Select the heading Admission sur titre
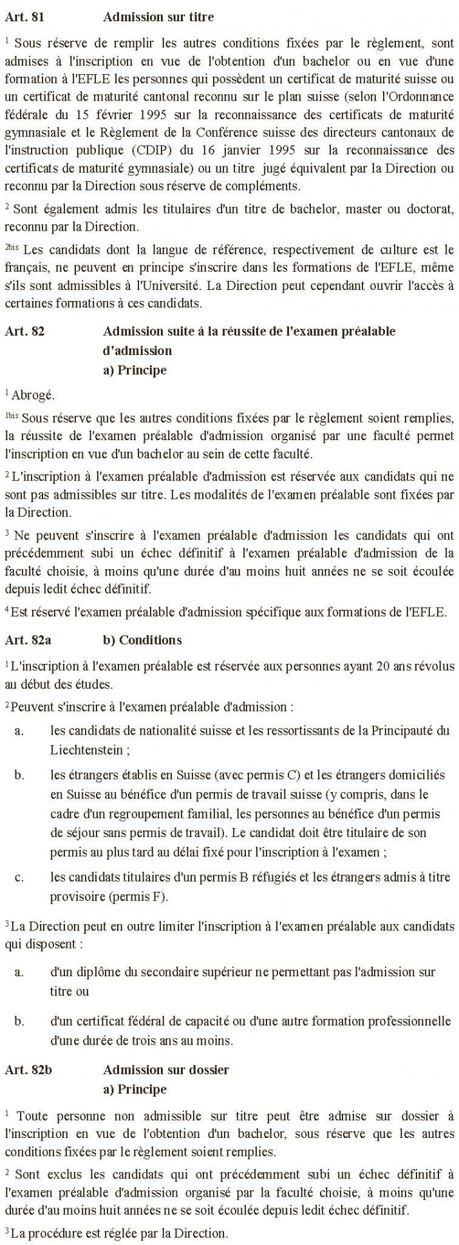click(158, 18)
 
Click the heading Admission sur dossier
click(165, 1070)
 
